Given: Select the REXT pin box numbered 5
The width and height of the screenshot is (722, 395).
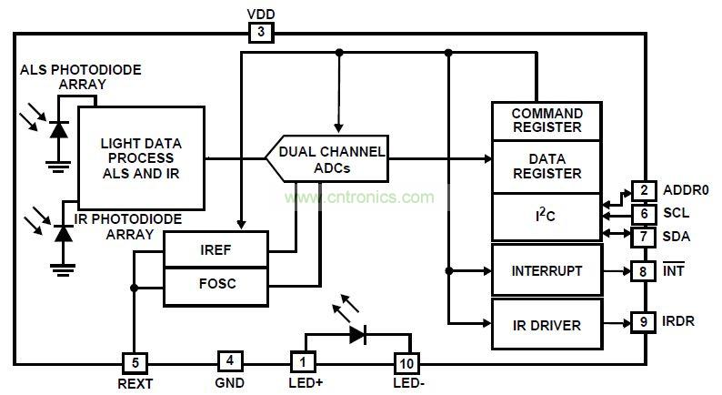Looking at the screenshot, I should tap(134, 361).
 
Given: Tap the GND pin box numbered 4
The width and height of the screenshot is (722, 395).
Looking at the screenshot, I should tap(229, 361).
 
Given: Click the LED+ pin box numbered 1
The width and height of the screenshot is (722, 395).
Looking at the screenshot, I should tap(303, 361).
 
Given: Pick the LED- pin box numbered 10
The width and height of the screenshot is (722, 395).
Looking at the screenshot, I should tap(406, 361).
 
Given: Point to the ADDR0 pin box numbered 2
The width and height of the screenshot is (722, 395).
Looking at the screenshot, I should tap(644, 191).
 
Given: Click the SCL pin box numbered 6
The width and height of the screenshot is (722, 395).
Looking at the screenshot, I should tap(644, 215).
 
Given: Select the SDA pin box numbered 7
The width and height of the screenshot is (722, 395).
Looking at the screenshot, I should tap(644, 237).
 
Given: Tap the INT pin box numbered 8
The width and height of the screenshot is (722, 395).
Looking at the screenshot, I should tap(644, 270).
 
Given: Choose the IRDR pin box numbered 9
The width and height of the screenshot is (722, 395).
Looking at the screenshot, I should tap(644, 321).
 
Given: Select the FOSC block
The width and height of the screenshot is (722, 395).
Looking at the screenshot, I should tap(216, 284).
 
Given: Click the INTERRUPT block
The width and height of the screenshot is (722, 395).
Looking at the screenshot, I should tap(546, 270).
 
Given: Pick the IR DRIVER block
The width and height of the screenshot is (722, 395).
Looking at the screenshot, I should tap(546, 323).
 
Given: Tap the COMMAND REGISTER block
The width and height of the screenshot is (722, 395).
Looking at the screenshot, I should tap(547, 121).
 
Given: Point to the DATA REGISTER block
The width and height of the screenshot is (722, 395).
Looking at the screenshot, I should tap(547, 166).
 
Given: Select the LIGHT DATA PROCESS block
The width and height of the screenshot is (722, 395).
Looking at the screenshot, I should tap(141, 158).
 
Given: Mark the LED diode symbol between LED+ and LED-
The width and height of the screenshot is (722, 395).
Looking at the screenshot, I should tap(356, 333).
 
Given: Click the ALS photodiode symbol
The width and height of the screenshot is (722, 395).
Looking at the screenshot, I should tap(60, 130).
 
